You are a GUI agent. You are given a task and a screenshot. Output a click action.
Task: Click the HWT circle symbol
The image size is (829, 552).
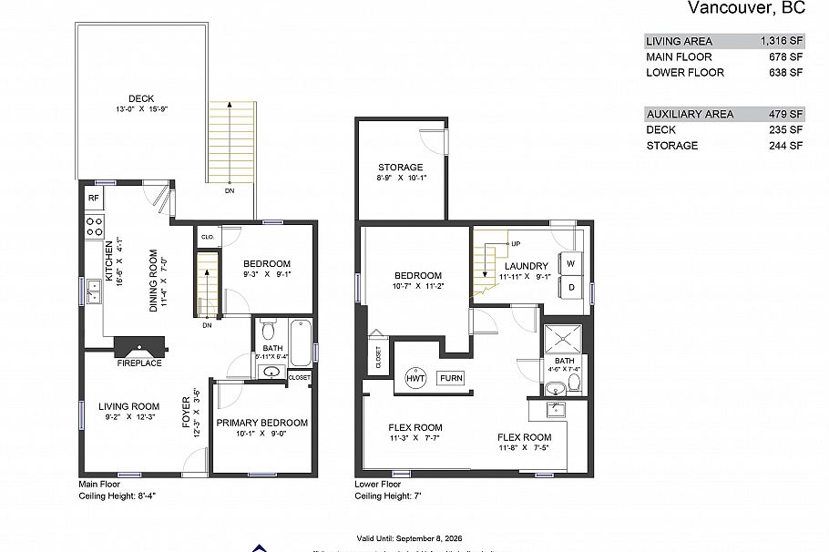pyautogui.click(x=414, y=378)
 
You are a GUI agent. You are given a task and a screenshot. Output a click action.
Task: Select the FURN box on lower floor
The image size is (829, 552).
pyautogui.click(x=450, y=378)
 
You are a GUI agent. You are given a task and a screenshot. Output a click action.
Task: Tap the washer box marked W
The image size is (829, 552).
pyautogui.click(x=571, y=263)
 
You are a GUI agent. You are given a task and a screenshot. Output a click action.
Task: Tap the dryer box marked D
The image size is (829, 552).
pyautogui.click(x=571, y=288)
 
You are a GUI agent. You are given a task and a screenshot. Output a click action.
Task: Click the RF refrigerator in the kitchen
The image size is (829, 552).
pyautogui.click(x=93, y=198)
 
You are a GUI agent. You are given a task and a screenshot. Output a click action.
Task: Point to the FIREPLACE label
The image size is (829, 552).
pyautogui.click(x=139, y=363)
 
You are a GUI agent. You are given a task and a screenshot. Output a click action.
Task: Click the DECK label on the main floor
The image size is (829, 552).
pyautogui.click(x=140, y=98)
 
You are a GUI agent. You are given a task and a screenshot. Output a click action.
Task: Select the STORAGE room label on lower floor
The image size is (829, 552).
pyautogui.click(x=401, y=167)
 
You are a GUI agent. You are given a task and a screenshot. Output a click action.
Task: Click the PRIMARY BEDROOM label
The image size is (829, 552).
pyautogui.click(x=261, y=423)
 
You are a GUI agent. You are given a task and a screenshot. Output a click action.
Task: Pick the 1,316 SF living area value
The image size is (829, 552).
pyautogui.click(x=782, y=41)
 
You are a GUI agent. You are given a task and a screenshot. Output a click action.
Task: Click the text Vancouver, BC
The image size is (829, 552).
pyautogui.click(x=745, y=9)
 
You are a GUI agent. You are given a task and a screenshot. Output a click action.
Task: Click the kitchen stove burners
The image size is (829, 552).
pyautogui.click(x=94, y=226)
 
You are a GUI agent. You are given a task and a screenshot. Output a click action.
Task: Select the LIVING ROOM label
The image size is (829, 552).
pyautogui.click(x=129, y=406)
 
